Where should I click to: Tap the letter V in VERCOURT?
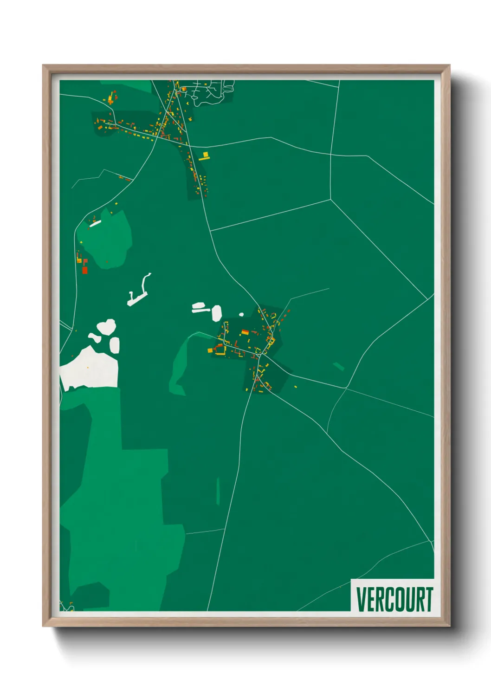(x=361, y=599)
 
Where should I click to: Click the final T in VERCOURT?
(x=429, y=599)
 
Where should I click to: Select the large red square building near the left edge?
(x=84, y=270)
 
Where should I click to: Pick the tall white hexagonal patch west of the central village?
(x=217, y=313)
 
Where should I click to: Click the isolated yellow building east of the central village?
(x=295, y=386)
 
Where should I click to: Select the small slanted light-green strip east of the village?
(x=339, y=367)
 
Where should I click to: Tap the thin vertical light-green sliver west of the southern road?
(x=218, y=491)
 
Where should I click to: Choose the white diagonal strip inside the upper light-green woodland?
(x=95, y=224)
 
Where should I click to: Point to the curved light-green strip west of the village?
(x=179, y=367)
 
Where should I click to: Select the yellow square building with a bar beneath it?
(x=205, y=156)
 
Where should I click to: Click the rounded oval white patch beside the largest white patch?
(x=114, y=345)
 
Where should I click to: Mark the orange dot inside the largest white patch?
(x=88, y=368)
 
